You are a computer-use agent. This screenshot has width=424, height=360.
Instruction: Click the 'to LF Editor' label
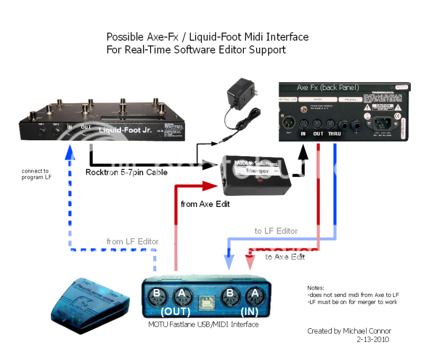(276, 231)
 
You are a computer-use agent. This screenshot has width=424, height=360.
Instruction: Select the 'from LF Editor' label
(132, 241)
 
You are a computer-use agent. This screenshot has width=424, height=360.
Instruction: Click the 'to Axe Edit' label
(285, 257)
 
